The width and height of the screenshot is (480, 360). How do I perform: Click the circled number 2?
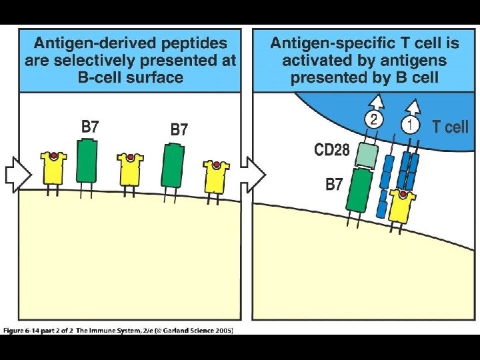tap(374, 121)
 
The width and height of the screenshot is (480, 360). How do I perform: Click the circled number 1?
tap(411, 125)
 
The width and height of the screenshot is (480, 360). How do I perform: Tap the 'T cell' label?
tap(451, 127)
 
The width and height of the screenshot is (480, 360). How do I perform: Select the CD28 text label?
tap(332, 150)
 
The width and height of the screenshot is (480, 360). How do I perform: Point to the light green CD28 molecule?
tap(367, 155)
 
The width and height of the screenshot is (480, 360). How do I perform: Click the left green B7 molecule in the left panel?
tap(87, 159)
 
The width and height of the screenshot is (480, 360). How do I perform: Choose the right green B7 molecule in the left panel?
tap(173, 165)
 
